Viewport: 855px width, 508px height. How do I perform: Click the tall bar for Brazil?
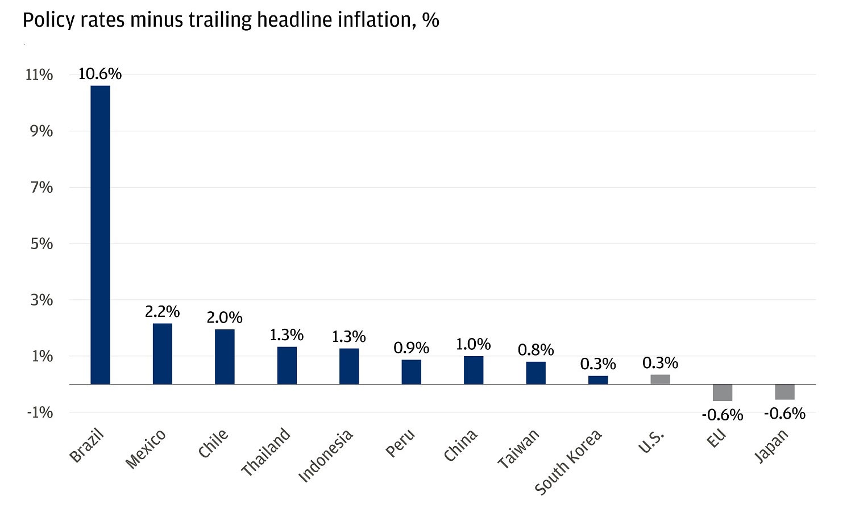click(100, 234)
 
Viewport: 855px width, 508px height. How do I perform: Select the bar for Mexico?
click(163, 353)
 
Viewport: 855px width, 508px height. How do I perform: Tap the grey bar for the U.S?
click(660, 379)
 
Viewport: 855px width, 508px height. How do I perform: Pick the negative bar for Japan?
click(785, 392)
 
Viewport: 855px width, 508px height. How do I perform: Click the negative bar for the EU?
click(723, 393)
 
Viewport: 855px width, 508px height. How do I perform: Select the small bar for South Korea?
click(598, 380)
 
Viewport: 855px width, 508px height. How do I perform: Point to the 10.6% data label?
click(100, 74)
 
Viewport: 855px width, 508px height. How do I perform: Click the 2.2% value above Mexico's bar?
click(163, 312)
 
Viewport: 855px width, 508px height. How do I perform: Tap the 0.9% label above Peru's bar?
click(411, 348)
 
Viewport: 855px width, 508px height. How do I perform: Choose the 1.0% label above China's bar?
click(473, 344)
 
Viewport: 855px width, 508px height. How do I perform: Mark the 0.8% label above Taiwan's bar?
click(536, 350)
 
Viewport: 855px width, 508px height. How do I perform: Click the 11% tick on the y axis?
click(39, 75)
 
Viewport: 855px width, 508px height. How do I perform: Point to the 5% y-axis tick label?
click(41, 244)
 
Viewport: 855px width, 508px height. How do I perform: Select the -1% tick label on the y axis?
click(40, 412)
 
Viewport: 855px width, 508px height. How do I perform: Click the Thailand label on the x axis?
click(266, 452)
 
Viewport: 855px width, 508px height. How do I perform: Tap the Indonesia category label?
click(326, 456)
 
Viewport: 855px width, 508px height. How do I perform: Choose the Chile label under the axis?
click(213, 443)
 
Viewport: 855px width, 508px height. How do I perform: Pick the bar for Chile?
click(225, 357)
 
